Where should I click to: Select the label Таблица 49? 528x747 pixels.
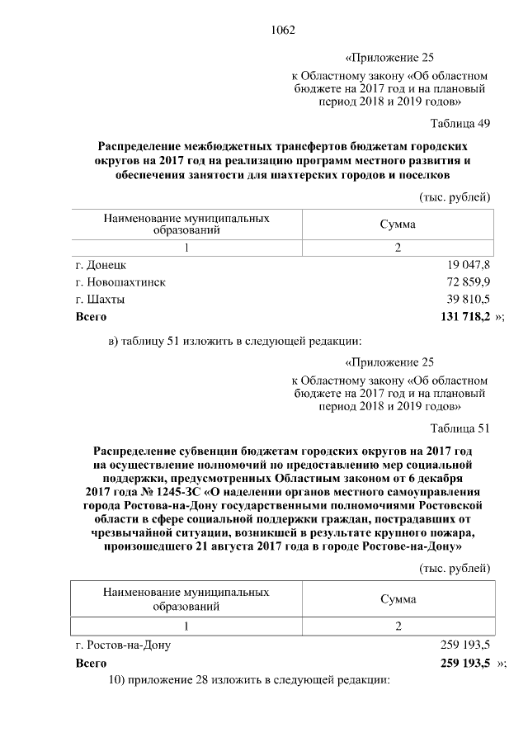(x=460, y=124)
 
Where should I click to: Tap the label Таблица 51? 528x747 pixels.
(x=460, y=428)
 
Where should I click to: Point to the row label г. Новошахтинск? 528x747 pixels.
(x=120, y=282)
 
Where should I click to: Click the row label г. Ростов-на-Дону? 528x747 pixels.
(x=123, y=645)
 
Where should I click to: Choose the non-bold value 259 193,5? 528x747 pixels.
(x=466, y=645)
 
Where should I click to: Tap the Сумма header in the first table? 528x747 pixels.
(x=397, y=225)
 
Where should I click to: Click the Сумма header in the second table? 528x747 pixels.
(x=397, y=599)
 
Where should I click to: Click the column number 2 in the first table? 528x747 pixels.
(x=397, y=248)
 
